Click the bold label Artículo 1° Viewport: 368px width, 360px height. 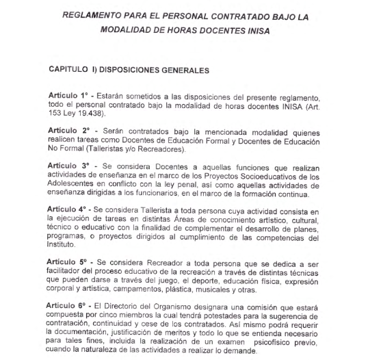point(70,93)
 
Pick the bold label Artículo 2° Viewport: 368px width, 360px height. point(70,130)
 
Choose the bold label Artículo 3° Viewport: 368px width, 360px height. point(70,166)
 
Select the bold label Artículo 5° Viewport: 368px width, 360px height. point(70,265)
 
